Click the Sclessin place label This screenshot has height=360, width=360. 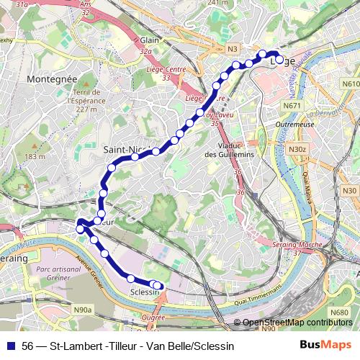point(145,292)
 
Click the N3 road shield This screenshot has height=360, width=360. point(232,49)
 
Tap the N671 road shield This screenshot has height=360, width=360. point(292,106)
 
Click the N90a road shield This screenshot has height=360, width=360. point(83,310)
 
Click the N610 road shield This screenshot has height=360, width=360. point(350,84)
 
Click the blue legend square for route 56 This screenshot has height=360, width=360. point(10,346)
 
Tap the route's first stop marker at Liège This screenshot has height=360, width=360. point(279,60)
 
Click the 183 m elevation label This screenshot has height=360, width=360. point(34,156)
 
